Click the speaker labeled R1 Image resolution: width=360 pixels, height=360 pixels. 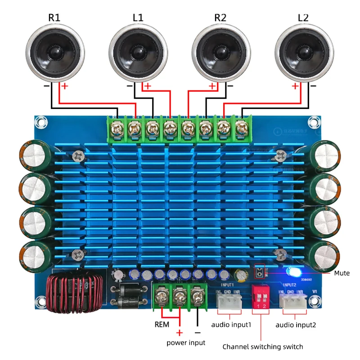tap(55, 52)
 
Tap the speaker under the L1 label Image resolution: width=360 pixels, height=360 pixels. tap(138, 52)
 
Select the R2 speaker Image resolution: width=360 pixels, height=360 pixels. tap(220, 52)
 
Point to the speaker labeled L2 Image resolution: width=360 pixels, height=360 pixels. tap(304, 52)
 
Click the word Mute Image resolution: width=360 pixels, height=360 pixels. tap(342, 273)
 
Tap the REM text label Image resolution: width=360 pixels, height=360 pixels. tap(162, 324)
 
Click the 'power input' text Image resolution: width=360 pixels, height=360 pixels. tap(186, 342)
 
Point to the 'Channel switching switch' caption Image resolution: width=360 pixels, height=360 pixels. tap(263, 347)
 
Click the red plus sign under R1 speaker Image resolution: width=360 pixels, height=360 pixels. tap(65, 86)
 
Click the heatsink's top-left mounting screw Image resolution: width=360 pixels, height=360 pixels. tap(78, 156)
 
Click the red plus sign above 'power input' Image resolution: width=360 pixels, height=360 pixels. tap(180, 333)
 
